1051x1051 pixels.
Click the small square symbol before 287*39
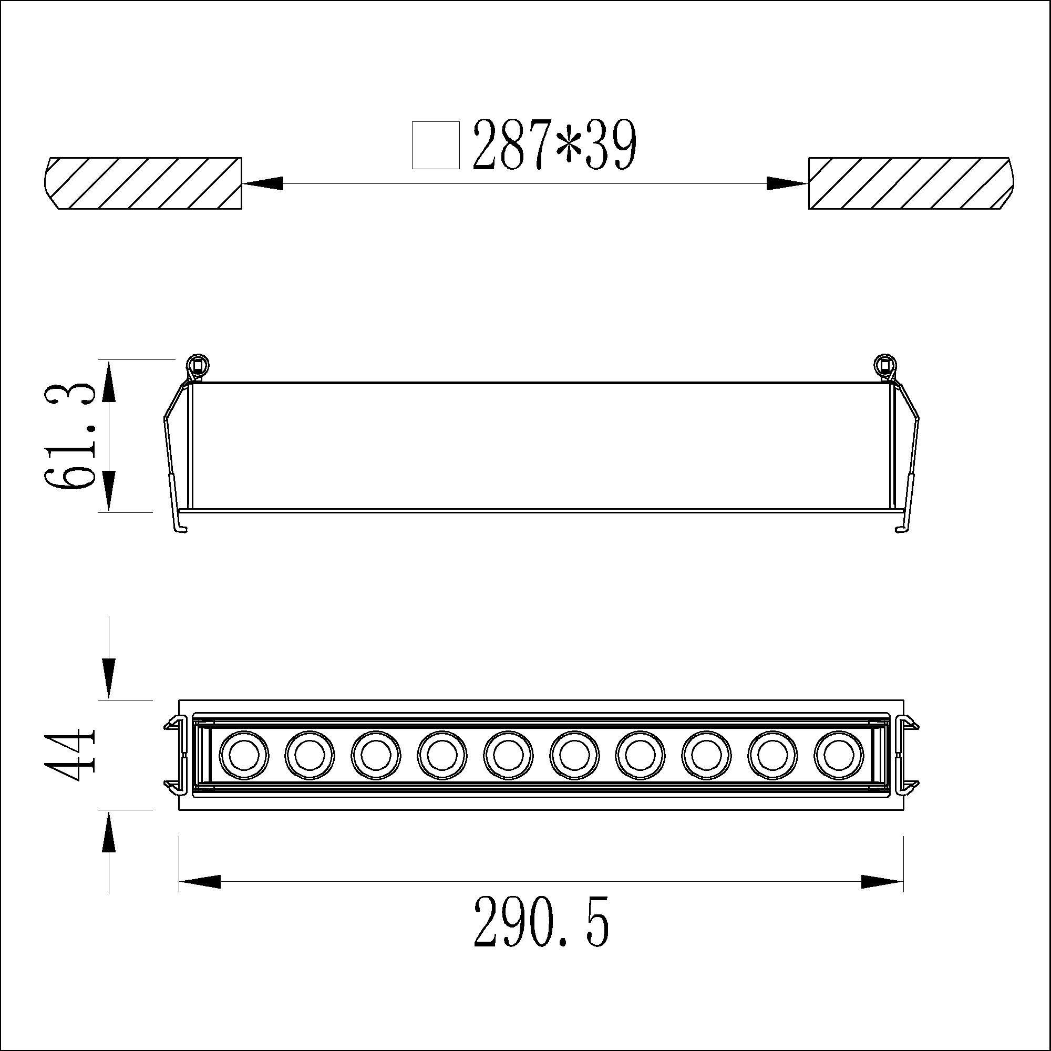pos(436,145)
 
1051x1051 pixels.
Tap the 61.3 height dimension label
pos(70,436)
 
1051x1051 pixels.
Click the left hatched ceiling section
pos(142,183)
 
